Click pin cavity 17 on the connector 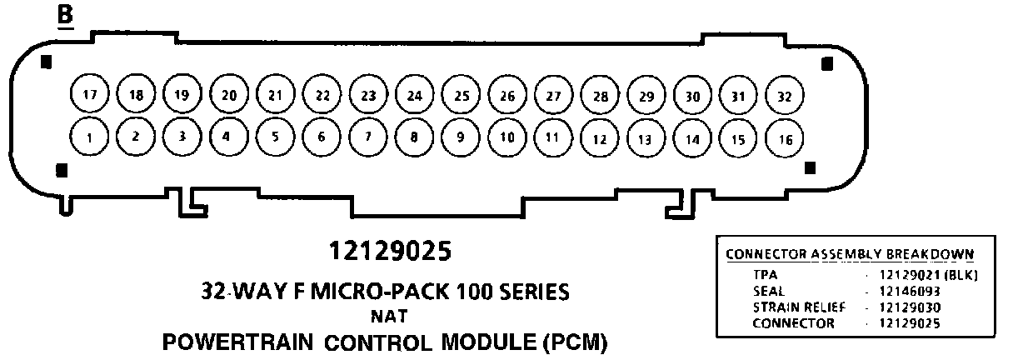[89, 94]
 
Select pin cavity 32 [783, 96]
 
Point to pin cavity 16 [784, 139]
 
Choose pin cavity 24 [414, 95]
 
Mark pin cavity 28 [600, 96]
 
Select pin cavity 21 [275, 94]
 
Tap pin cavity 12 [599, 139]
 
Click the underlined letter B [64, 16]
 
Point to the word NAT [388, 316]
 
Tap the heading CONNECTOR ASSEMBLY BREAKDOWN [850, 254]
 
